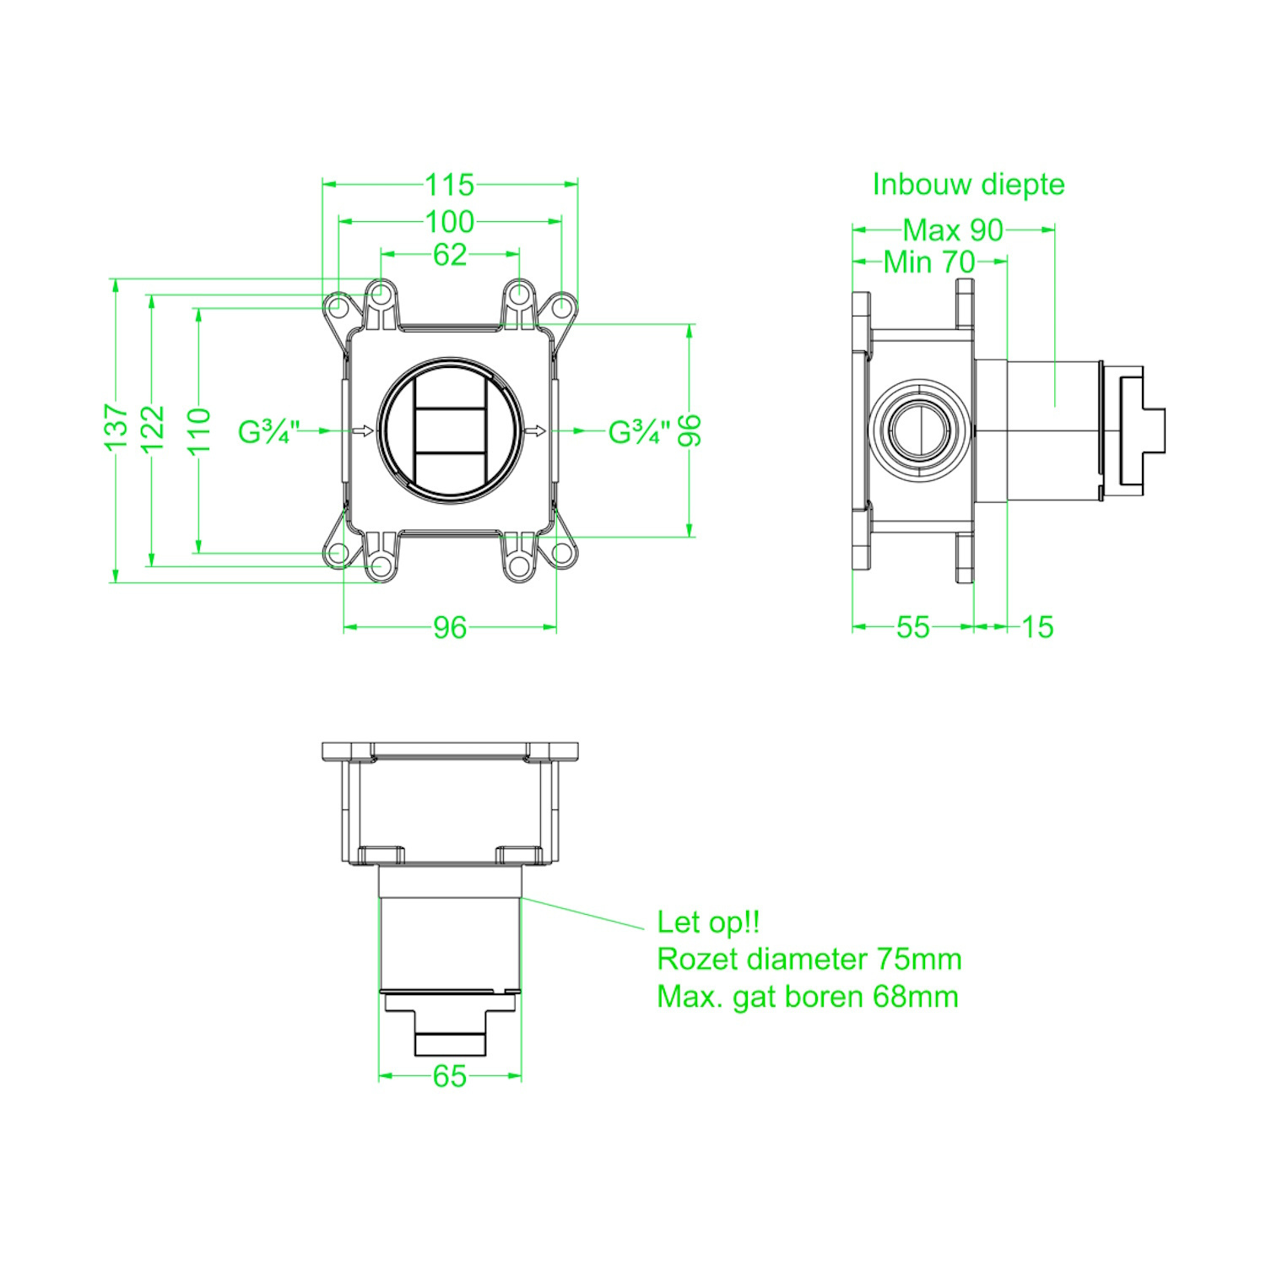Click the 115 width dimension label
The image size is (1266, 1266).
450,184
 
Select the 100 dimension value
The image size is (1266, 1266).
450,222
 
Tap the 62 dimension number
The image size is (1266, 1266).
450,254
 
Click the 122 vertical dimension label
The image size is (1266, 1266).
153,429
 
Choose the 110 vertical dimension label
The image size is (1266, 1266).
199,430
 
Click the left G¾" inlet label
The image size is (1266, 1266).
268,432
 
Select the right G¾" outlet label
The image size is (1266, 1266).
639,432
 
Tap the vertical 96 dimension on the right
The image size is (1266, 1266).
690,430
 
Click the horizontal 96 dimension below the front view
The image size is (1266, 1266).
450,627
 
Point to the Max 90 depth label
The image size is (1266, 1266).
953,230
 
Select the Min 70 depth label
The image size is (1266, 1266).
929,262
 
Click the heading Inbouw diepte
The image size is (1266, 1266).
968,184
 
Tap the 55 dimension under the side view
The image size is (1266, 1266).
912,627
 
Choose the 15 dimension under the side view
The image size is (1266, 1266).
1037,627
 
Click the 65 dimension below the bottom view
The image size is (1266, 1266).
450,1076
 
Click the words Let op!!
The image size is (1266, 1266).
708,922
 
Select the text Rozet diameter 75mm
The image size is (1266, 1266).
809,959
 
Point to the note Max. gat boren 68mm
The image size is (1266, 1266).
807,997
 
